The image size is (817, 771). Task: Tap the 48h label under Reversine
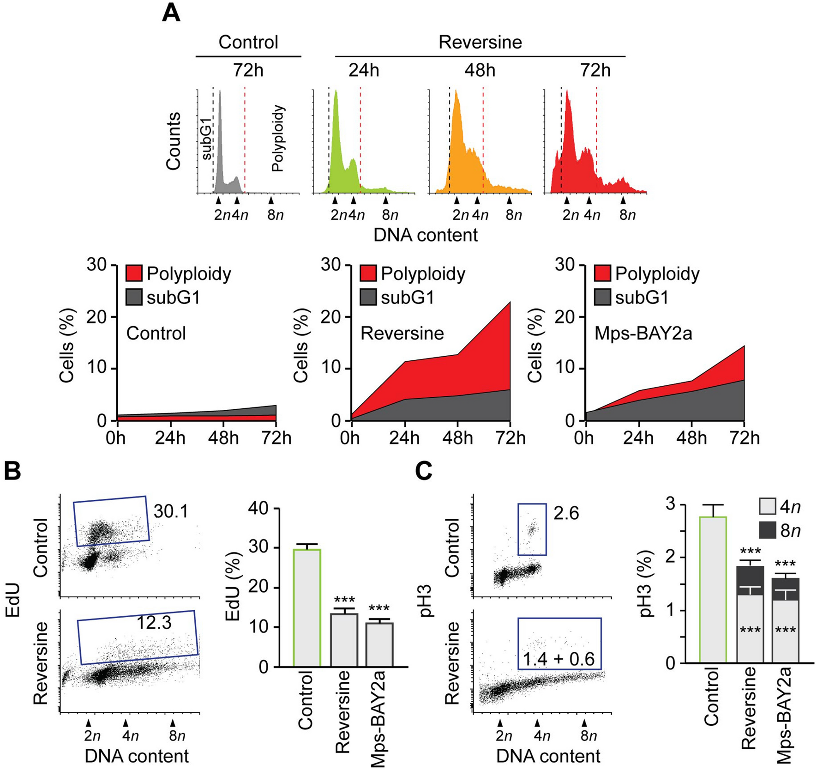[x=480, y=71]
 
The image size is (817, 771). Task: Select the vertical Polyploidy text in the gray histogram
[x=278, y=139]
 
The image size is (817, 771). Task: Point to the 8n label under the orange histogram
[x=513, y=215]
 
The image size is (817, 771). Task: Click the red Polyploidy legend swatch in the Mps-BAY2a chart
[x=602, y=273]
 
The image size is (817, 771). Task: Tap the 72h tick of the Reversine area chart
[x=510, y=437]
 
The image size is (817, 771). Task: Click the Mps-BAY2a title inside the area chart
[x=643, y=333]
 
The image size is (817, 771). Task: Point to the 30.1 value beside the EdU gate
[x=171, y=511]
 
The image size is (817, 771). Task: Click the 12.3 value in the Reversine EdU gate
[x=154, y=623]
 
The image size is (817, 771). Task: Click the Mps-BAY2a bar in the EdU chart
[x=380, y=644]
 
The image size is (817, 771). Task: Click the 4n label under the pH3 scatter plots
[x=541, y=735]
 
